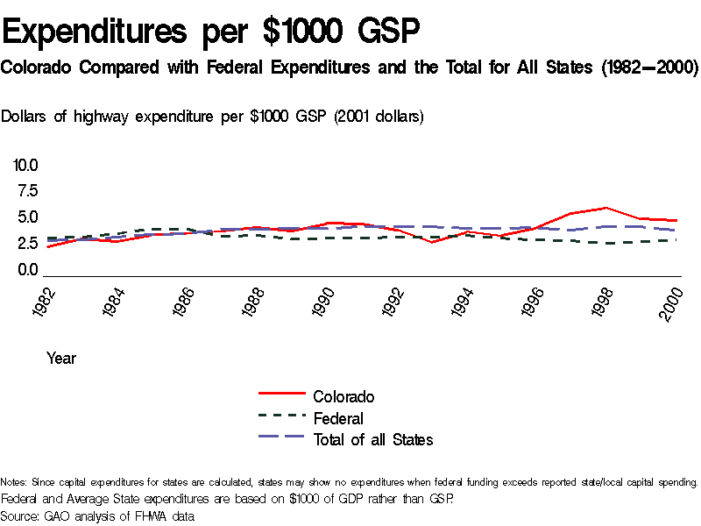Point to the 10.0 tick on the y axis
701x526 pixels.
(x=25, y=165)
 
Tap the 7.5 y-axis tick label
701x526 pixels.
(x=27, y=191)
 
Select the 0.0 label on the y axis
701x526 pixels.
(x=27, y=270)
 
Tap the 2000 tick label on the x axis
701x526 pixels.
(x=671, y=303)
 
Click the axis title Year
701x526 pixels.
(x=61, y=358)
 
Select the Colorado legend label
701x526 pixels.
(x=343, y=397)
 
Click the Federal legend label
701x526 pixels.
(x=338, y=418)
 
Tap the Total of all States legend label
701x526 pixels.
(x=373, y=439)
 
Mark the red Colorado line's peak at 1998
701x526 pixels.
(x=605, y=208)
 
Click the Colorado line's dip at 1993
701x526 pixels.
(x=434, y=242)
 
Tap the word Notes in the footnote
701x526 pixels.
(x=12, y=482)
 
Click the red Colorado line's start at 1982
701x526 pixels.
(x=48, y=247)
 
